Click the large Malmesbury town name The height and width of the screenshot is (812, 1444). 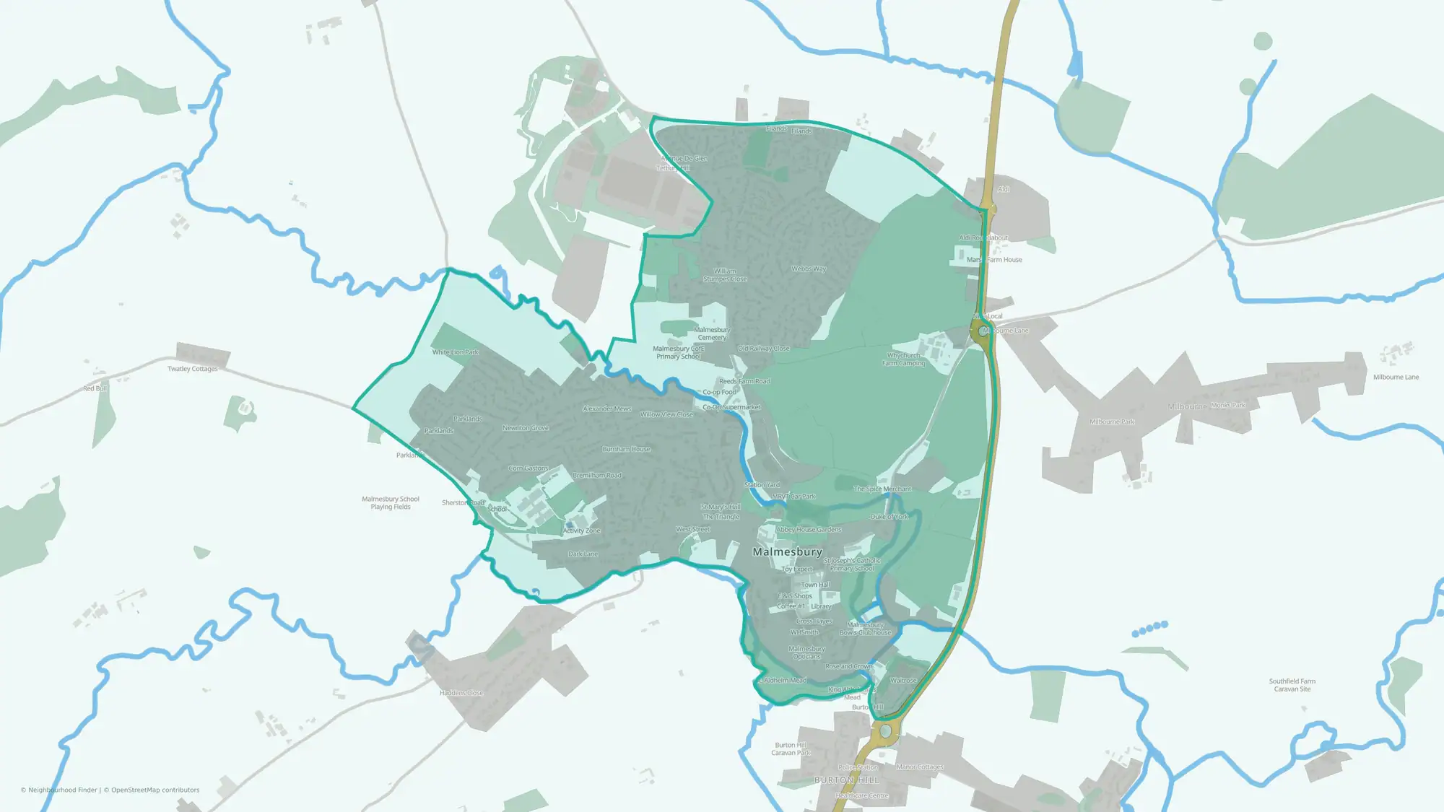coord(787,552)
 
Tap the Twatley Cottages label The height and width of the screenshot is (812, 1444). coord(192,369)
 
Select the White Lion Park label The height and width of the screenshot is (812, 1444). coord(455,352)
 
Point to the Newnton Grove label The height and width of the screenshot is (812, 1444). coord(526,428)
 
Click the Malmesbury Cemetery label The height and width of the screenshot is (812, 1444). coord(712,333)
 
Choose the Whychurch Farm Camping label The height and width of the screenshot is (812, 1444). coord(903,359)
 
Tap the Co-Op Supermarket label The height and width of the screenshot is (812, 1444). coord(731,407)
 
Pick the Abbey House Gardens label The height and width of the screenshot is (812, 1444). coord(809,530)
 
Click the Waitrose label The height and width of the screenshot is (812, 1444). coord(903,681)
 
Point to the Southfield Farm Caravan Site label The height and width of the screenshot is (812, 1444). coord(1292,685)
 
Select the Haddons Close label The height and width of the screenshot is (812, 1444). coord(461,693)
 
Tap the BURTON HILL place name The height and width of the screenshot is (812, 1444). coord(846,780)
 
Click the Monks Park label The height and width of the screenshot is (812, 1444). coord(1228,406)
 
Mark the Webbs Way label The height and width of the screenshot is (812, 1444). coord(809,269)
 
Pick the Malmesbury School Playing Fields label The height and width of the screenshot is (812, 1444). coord(390,503)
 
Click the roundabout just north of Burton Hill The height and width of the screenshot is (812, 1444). coord(885,732)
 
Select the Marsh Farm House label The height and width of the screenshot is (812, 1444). coord(994,260)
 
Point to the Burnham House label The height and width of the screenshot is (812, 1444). coord(626,449)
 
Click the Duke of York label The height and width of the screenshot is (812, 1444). coord(890,517)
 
